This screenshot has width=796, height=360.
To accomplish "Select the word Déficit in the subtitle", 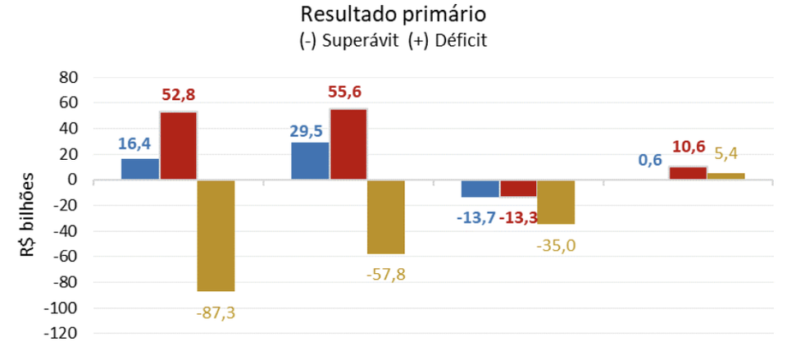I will click(x=460, y=40).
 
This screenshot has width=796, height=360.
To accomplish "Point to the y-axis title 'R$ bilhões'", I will click(x=30, y=215).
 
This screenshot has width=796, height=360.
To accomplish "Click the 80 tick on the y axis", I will click(x=68, y=78).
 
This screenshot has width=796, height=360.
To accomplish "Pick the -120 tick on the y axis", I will click(x=61, y=334).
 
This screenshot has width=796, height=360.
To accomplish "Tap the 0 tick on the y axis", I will click(x=73, y=180).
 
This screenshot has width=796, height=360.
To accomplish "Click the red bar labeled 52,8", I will click(x=178, y=146).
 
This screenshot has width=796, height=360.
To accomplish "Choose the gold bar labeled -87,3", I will click(x=216, y=235).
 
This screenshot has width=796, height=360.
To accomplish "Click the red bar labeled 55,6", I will click(x=348, y=144).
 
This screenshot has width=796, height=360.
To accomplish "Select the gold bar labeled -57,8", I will click(x=386, y=217).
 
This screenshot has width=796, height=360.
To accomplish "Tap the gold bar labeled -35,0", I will click(x=556, y=203).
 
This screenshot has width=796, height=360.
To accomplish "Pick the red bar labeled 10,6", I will click(x=688, y=173).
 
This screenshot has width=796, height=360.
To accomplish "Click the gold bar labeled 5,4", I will click(x=725, y=176).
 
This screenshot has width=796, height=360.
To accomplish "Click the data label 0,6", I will click(x=650, y=161).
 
